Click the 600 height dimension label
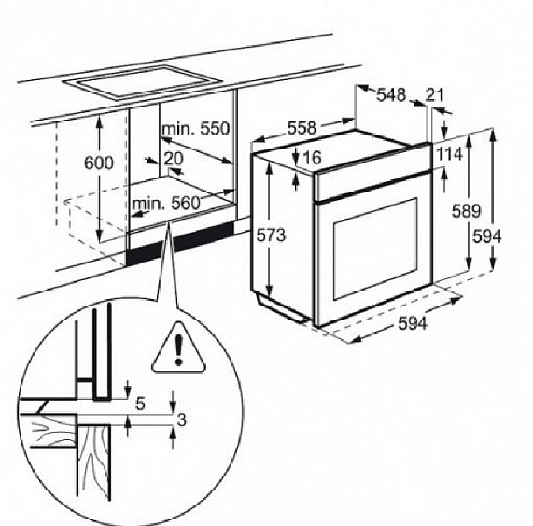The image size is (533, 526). [x=99, y=163]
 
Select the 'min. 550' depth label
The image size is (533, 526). [x=196, y=129]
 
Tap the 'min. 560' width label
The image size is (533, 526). [x=166, y=204]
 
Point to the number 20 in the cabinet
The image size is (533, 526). [x=174, y=159]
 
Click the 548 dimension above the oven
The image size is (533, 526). [x=391, y=95]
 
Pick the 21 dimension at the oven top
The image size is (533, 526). [x=435, y=95]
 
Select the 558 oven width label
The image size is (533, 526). [x=302, y=128]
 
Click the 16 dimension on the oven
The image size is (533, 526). [x=312, y=157]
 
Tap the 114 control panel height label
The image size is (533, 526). [x=449, y=154]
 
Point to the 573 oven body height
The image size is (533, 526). [x=271, y=235]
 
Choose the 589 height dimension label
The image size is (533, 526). [x=466, y=211]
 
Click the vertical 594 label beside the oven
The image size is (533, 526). [x=487, y=236]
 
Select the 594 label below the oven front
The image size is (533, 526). [x=413, y=323]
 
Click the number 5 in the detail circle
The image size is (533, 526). [x=140, y=404]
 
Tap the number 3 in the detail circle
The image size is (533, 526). [x=182, y=419]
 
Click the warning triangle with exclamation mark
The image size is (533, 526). [x=179, y=348]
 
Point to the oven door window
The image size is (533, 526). [x=375, y=249]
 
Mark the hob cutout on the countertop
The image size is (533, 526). [x=143, y=82]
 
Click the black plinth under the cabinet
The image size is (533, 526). [x=181, y=243]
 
